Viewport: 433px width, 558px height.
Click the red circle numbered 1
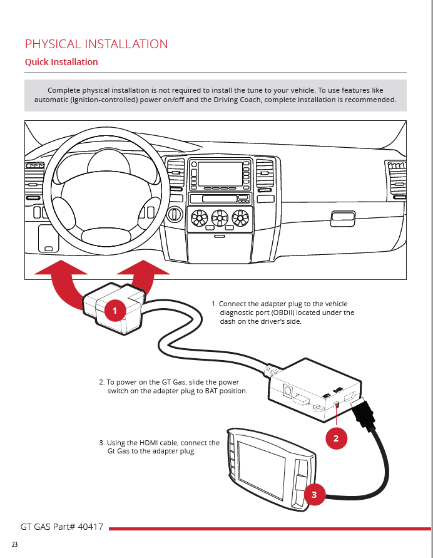pyautogui.click(x=115, y=310)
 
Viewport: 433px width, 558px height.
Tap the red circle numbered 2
pyautogui.click(x=336, y=438)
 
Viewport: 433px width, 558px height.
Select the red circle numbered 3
pyautogui.click(x=314, y=495)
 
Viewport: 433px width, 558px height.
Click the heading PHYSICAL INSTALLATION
pyautogui.click(x=96, y=44)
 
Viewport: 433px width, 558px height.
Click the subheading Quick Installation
pyautogui.click(x=61, y=62)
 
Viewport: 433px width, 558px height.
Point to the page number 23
pyautogui.click(x=14, y=544)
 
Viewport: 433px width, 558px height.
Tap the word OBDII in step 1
pyautogui.click(x=282, y=313)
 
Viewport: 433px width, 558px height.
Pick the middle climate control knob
pyautogui.click(x=220, y=218)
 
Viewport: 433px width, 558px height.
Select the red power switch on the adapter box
pyautogui.click(x=337, y=406)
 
